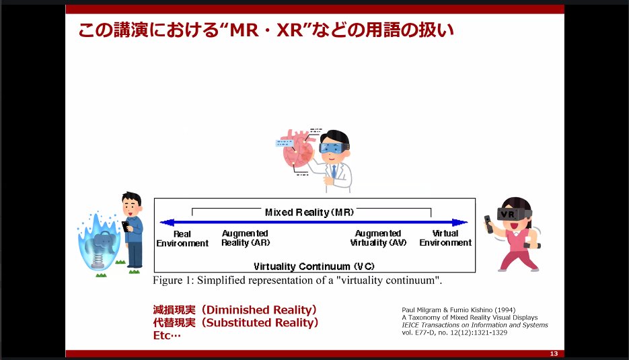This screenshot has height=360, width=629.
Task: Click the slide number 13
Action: tap(554, 354)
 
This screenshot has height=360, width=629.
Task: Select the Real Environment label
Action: tap(182, 239)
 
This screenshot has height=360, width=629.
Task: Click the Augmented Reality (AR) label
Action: tap(245, 238)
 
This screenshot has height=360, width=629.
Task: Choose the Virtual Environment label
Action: tap(445, 238)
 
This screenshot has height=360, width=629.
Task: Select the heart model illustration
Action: tap(297, 148)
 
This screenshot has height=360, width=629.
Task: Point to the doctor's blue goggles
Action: tap(334, 147)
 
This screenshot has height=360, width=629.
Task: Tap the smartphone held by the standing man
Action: tap(125, 227)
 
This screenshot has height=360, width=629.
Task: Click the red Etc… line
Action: tap(168, 335)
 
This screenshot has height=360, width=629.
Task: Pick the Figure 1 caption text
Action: tap(297, 280)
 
